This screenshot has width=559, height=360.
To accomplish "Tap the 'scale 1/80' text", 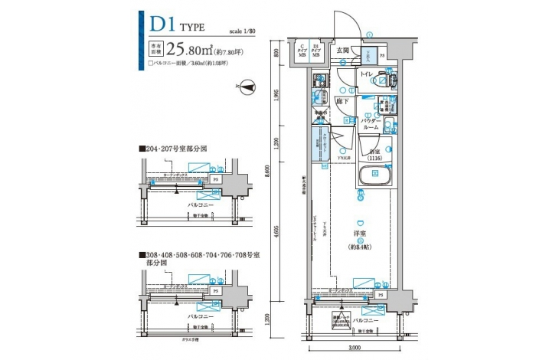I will (243, 31).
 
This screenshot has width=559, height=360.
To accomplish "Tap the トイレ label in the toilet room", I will (367, 74).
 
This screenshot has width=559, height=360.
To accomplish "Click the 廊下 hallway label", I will (342, 101).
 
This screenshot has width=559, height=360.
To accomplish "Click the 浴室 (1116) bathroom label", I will (373, 155).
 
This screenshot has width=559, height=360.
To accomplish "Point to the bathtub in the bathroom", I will (376, 175).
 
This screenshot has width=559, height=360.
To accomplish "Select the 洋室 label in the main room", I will (358, 233).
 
